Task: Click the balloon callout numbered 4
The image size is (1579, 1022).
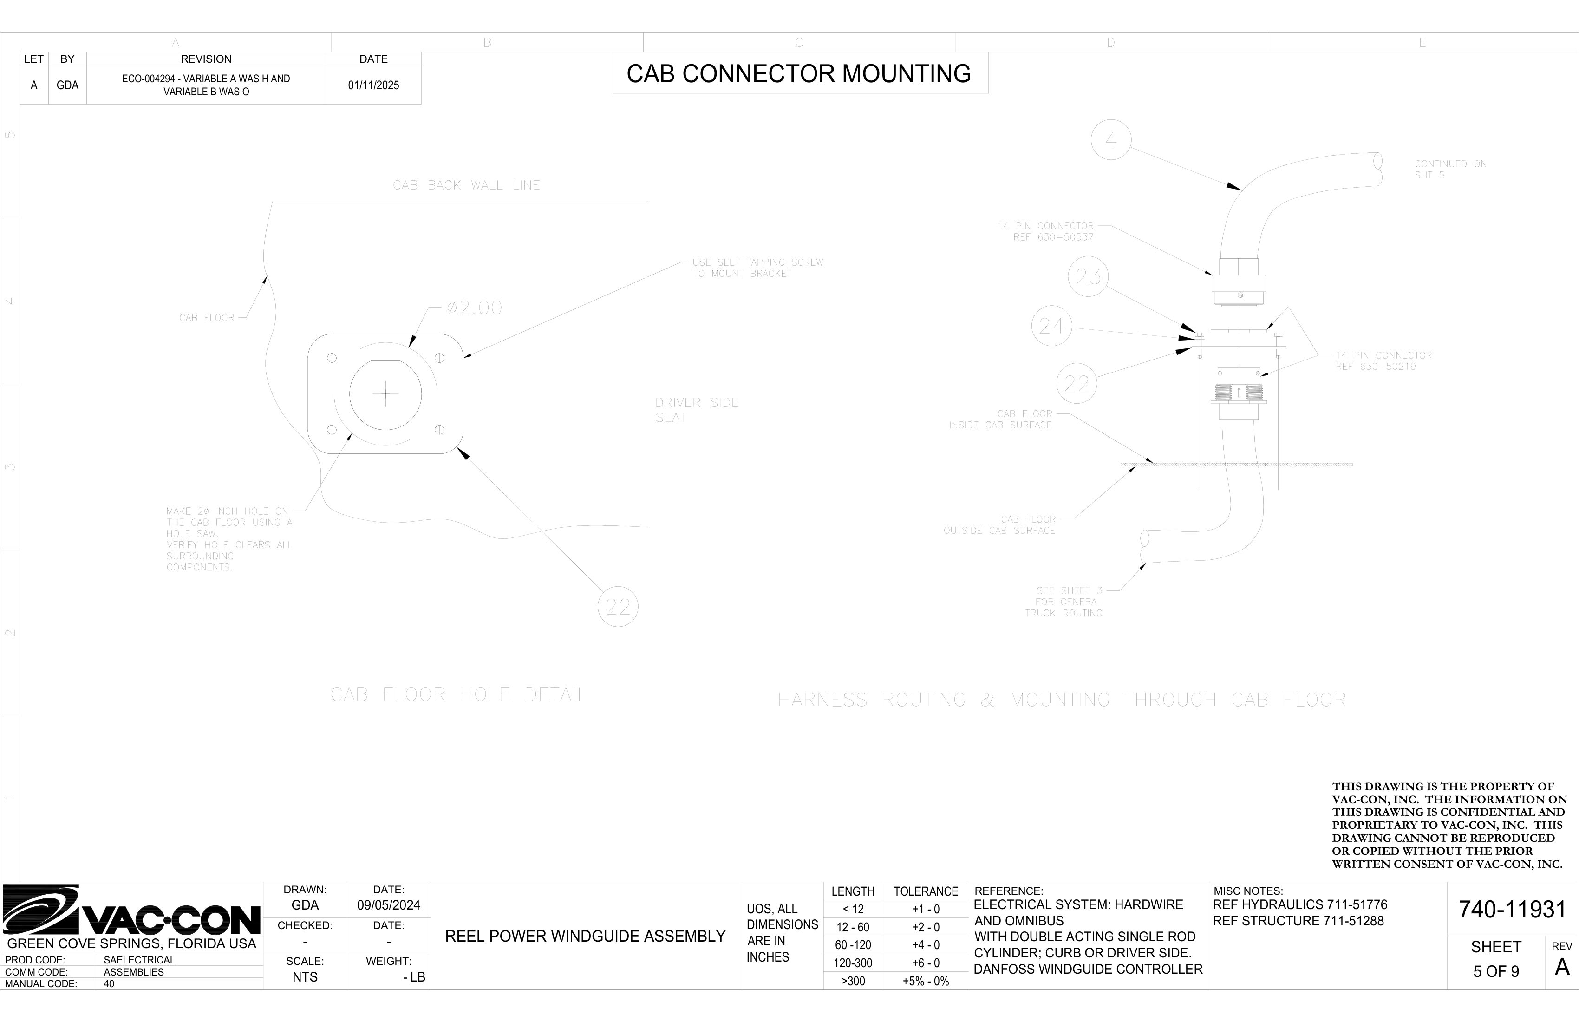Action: [1110, 140]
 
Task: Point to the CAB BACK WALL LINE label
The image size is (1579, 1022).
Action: [466, 185]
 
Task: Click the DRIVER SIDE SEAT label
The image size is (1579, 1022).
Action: [697, 409]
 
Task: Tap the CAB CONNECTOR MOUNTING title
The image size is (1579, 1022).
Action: [799, 74]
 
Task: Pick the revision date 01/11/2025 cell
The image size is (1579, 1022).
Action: [373, 85]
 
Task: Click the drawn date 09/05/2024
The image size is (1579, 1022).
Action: [389, 905]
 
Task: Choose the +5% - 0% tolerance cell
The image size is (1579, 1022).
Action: [926, 981]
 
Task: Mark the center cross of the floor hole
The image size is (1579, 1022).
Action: [385, 395]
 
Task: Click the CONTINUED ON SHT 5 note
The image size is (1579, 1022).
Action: [1450, 169]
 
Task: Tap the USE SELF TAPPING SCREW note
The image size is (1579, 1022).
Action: [757, 268]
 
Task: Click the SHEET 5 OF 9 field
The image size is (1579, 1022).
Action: [1496, 959]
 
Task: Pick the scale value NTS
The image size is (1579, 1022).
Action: [305, 977]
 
